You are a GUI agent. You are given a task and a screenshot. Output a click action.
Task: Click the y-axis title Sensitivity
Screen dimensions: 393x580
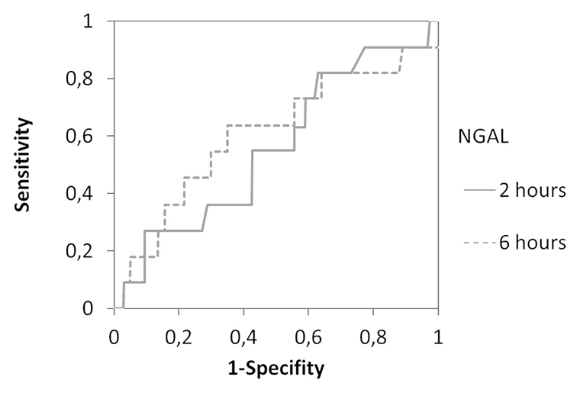tap(26, 165)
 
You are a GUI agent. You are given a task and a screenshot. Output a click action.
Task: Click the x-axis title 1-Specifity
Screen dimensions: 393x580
tap(276, 369)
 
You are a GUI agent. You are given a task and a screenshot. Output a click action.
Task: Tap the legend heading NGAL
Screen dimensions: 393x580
tap(469, 137)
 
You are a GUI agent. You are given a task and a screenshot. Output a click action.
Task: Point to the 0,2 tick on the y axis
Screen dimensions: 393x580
tap(90, 251)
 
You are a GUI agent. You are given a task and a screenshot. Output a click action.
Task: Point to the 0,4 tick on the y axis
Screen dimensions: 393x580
tap(90, 194)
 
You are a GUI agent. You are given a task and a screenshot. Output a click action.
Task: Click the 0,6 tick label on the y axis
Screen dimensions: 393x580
tap(90, 136)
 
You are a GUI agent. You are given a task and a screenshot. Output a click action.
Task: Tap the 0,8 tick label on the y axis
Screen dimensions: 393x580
tap(90, 79)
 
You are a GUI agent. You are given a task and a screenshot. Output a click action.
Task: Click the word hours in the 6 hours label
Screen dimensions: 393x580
tap(538, 243)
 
